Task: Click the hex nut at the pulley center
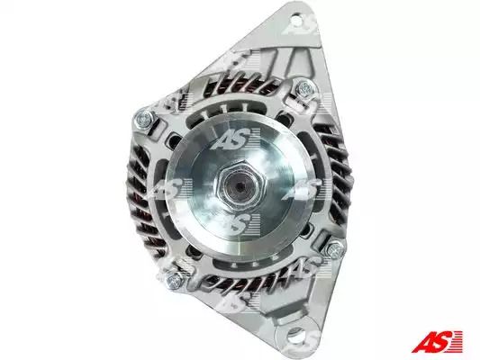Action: pyautogui.click(x=240, y=184)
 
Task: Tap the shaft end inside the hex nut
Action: pyautogui.click(x=240, y=184)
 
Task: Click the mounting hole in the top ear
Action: pyautogui.click(x=297, y=19)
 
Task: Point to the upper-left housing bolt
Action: pyautogui.click(x=144, y=119)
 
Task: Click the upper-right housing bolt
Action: pyautogui.click(x=306, y=89)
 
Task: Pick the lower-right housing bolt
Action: pyautogui.click(x=336, y=249)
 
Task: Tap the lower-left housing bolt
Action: pyautogui.click(x=174, y=279)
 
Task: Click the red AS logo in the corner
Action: pyautogui.click(x=437, y=341)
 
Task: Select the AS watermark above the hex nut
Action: pyautogui.click(x=235, y=139)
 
